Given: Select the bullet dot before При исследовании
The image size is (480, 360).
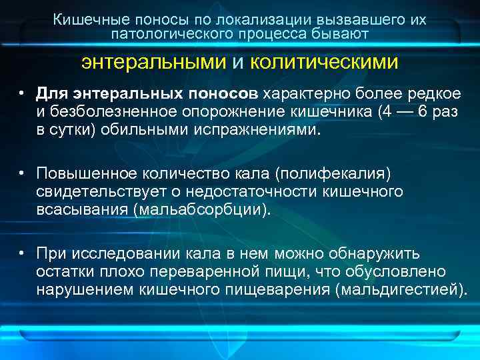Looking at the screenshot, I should (x=22, y=253).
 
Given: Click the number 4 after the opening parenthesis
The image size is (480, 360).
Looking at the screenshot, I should (x=385, y=112).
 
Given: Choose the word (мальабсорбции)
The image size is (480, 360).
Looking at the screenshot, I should (x=202, y=210).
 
